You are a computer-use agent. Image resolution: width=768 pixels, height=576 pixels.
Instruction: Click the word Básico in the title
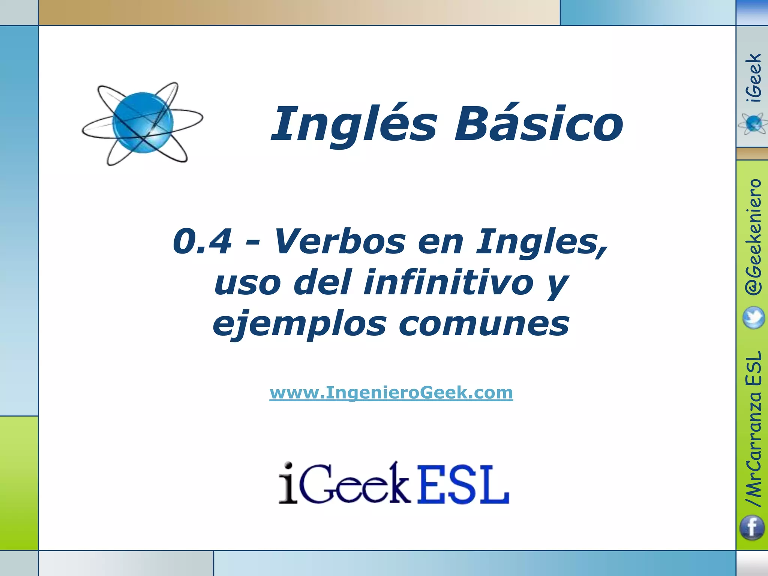[x=538, y=124]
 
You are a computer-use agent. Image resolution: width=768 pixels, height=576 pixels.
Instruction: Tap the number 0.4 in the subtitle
[x=202, y=242]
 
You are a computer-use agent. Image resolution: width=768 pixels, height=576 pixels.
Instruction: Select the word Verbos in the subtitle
[x=340, y=242]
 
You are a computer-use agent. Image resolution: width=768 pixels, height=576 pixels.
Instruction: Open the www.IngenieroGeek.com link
[x=391, y=393]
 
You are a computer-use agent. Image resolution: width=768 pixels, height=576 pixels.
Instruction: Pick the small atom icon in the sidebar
[x=753, y=124]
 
